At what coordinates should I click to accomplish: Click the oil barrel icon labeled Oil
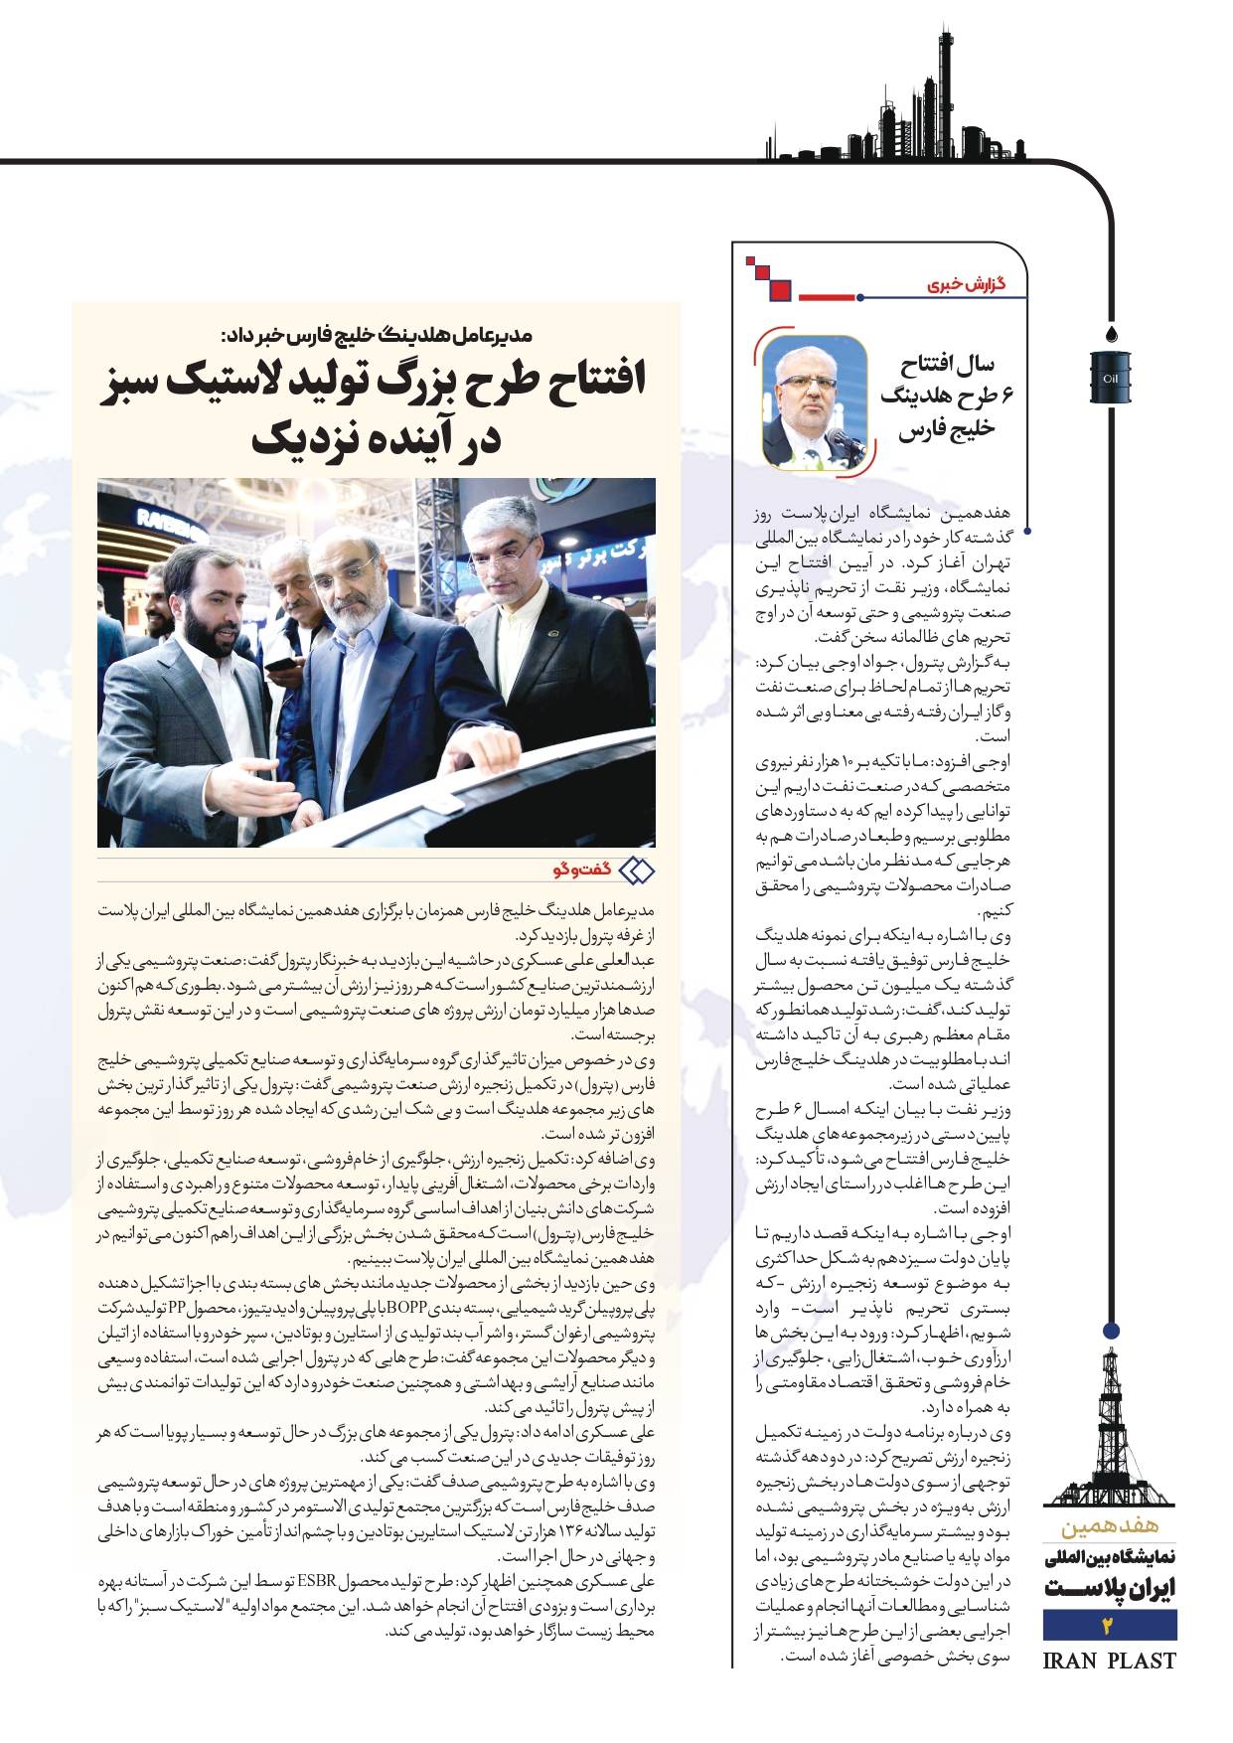1111,378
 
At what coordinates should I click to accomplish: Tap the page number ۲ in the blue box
1110,1626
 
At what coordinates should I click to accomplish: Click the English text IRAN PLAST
1110,1661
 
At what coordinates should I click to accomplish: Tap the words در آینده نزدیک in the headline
376,437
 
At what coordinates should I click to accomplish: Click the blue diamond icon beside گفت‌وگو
636,871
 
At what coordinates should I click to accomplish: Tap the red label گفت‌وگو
582,871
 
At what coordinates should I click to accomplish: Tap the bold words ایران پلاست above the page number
1110,1588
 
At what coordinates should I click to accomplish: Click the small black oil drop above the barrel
1111,331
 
